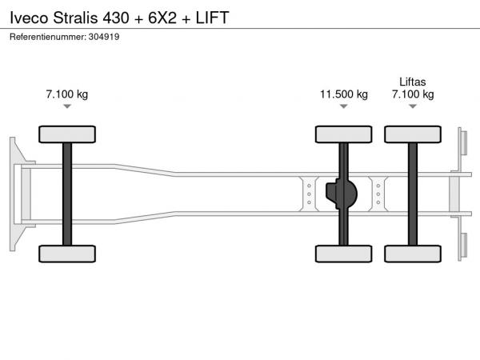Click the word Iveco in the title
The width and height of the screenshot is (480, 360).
(29, 18)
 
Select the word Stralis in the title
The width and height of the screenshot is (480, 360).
(76, 18)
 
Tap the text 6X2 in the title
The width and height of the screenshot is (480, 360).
(162, 18)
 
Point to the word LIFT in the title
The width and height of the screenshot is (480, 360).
(213, 18)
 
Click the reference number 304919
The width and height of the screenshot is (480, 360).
(104, 37)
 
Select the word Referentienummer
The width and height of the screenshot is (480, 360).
(48, 37)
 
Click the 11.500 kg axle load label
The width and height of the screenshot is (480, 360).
(344, 94)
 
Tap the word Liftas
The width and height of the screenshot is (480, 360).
(413, 82)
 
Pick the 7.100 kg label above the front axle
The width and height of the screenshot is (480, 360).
(67, 94)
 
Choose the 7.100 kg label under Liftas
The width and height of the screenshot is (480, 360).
(413, 94)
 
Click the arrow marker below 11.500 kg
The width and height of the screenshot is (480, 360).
(344, 106)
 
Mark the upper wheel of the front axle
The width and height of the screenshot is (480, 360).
(67, 134)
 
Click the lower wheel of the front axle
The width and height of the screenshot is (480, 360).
(67, 254)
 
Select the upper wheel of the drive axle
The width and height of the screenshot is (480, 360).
(344, 134)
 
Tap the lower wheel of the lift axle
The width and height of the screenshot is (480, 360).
(413, 254)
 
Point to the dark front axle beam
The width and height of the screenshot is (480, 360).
(67, 194)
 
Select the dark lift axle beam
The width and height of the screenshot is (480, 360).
(413, 194)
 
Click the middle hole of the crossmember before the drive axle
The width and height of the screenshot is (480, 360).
(309, 194)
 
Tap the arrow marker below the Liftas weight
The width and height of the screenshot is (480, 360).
(413, 106)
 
